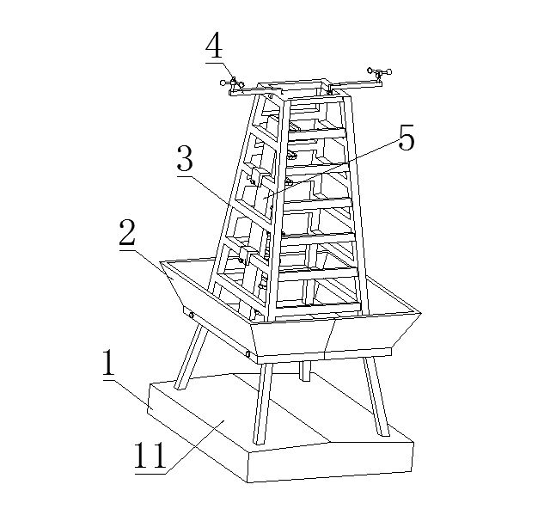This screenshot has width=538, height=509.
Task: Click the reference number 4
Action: [x=215, y=46]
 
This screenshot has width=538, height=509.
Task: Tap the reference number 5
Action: [x=407, y=138]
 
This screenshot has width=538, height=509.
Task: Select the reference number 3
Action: [x=186, y=158]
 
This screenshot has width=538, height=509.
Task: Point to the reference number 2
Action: [x=127, y=233]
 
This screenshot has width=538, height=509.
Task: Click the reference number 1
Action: [x=108, y=362]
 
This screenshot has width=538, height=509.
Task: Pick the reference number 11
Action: [x=150, y=455]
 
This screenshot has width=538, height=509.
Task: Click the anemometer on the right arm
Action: [x=379, y=74]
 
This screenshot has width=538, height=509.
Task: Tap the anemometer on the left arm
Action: [x=233, y=84]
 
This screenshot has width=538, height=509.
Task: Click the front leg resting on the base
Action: [x=263, y=403]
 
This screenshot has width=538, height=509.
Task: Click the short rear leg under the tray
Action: [x=305, y=371]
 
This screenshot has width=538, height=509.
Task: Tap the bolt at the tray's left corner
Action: [x=191, y=315]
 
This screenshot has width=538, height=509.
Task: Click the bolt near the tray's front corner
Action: [x=248, y=353]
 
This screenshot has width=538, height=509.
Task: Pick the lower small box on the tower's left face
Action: [x=247, y=255]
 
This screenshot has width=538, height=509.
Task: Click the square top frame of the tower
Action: [x=303, y=89]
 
